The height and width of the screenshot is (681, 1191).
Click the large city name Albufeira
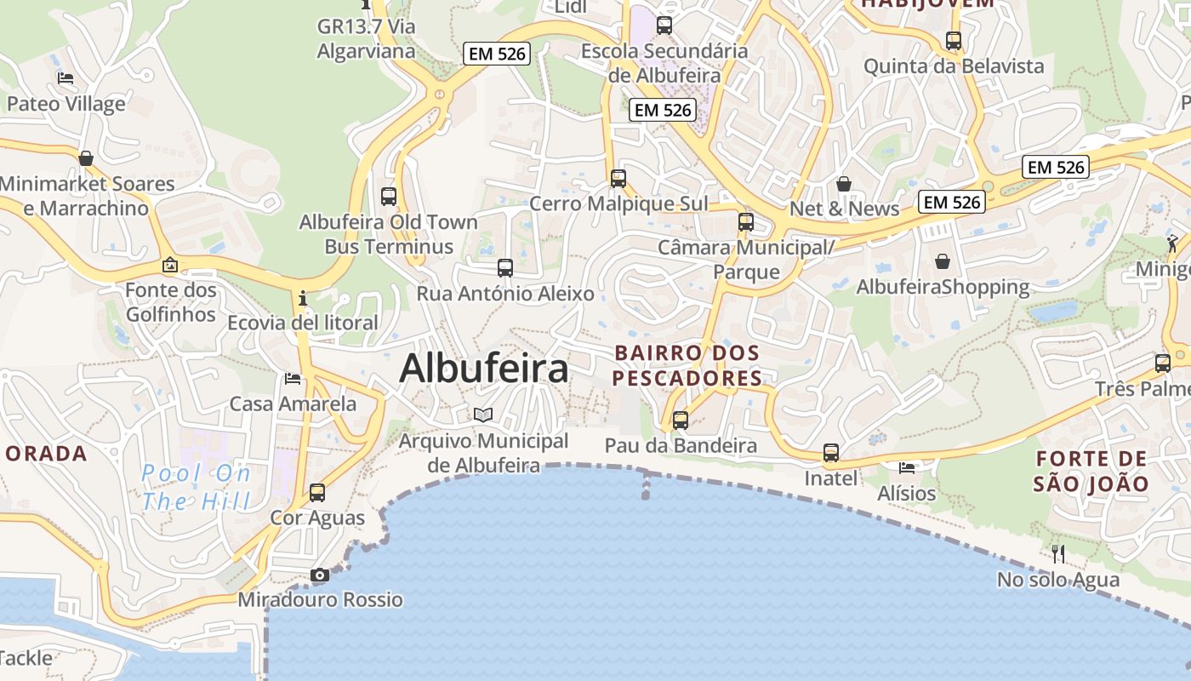tap(484, 369)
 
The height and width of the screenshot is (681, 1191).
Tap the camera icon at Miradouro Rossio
tap(320, 575)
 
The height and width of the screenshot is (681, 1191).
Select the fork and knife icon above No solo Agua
tap(1058, 554)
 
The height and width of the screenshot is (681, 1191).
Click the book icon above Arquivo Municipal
tap(483, 415)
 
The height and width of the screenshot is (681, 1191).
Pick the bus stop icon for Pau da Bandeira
tap(681, 420)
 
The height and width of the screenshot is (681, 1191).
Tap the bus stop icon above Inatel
tap(831, 453)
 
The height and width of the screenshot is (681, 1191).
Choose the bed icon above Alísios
tap(907, 467)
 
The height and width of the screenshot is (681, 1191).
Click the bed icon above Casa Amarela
tap(293, 378)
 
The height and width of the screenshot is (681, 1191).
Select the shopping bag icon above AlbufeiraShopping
tap(943, 261)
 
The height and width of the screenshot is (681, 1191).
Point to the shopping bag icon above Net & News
tap(844, 184)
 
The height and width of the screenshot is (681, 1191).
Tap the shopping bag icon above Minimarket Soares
tap(86, 158)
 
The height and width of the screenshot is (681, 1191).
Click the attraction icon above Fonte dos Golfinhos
tap(170, 265)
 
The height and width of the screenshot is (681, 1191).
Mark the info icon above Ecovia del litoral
tap(303, 299)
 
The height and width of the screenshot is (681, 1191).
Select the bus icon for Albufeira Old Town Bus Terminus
tap(389, 197)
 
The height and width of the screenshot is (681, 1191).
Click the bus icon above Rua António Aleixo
tap(505, 268)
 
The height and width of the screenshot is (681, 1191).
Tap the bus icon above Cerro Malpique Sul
tap(618, 179)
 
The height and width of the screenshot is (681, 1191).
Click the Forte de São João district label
tap(1091, 472)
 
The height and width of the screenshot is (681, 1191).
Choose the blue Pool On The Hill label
tap(197, 487)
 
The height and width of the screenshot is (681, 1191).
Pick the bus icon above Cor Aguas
tap(317, 492)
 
